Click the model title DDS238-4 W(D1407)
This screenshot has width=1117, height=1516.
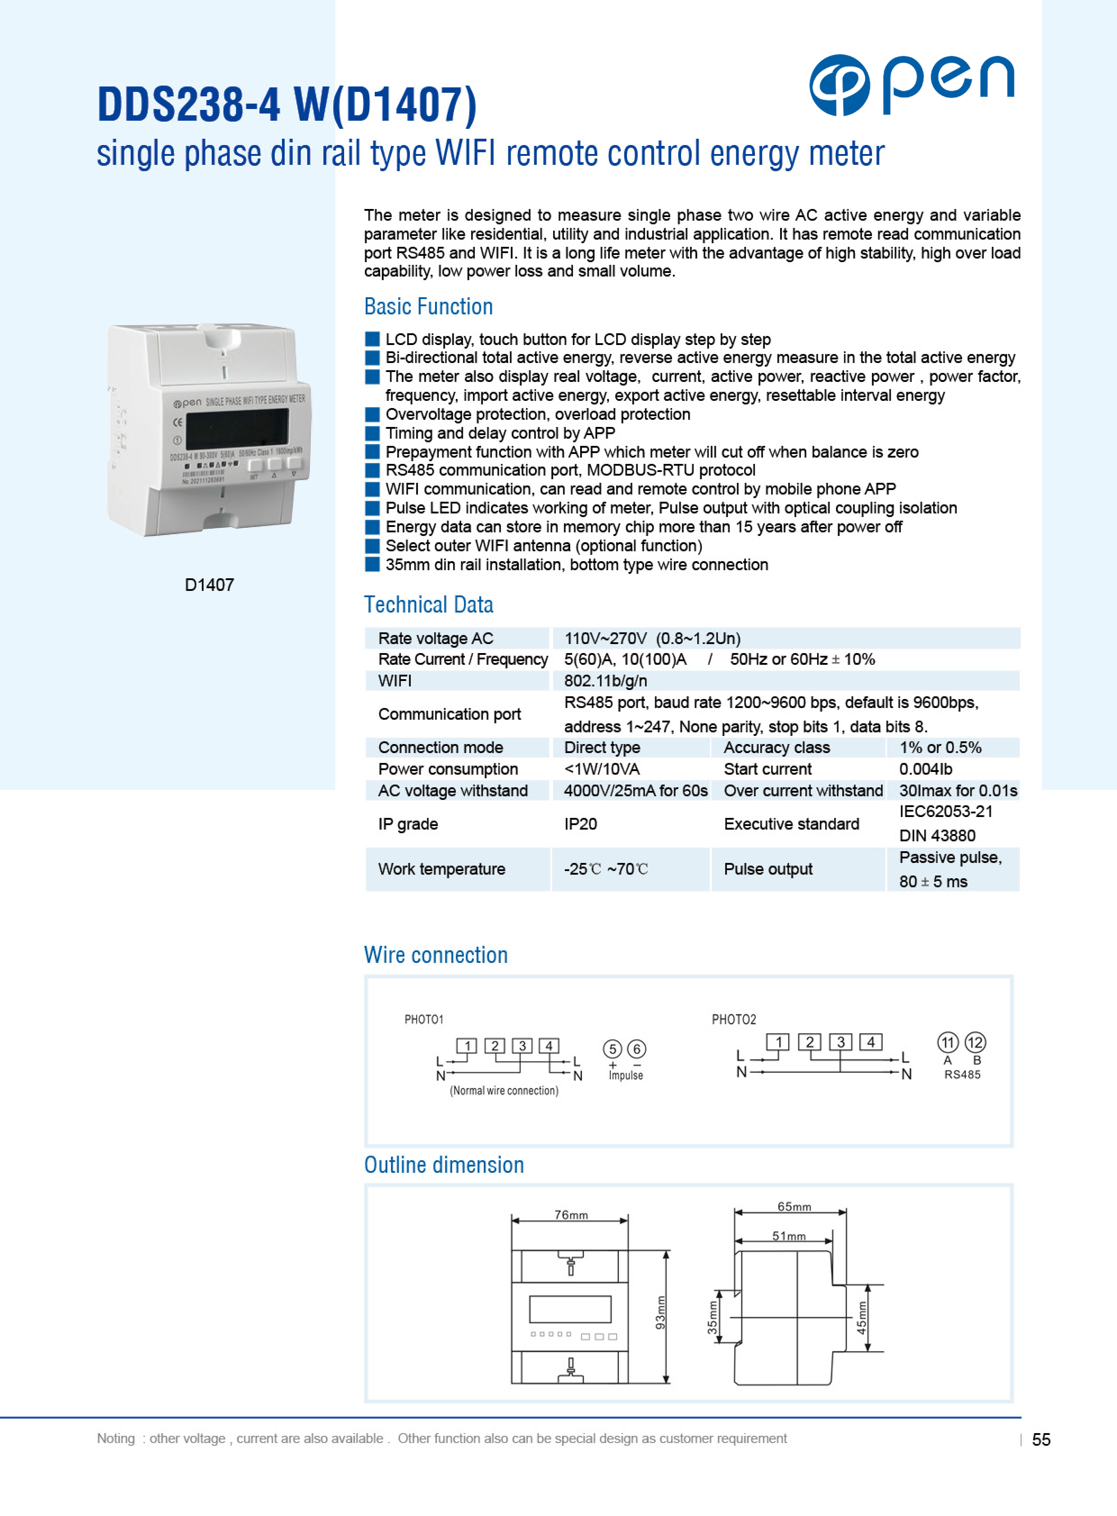tap(287, 105)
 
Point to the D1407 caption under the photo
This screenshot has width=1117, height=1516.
tap(209, 585)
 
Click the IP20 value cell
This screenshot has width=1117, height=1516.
tap(580, 824)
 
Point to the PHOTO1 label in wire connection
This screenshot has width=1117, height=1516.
tap(423, 1019)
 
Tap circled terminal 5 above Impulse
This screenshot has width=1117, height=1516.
tap(612, 1049)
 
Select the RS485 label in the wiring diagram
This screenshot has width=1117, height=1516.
tap(962, 1075)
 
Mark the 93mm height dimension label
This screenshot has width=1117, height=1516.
tap(661, 1312)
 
